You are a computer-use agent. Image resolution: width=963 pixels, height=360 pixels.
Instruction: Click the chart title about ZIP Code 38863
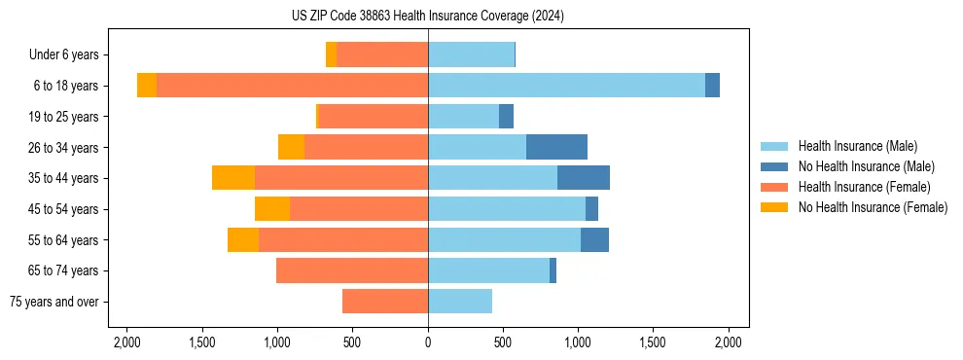tap(428, 17)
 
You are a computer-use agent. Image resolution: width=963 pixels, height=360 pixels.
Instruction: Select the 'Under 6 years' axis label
tap(69, 55)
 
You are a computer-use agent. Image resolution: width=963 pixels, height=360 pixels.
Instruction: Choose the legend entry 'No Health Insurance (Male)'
tap(866, 166)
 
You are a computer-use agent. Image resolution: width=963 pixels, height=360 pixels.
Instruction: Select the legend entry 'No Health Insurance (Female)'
tap(873, 207)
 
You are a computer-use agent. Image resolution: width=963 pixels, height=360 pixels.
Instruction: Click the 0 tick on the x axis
tap(428, 342)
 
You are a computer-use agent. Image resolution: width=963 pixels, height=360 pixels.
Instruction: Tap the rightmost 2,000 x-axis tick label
tap(729, 342)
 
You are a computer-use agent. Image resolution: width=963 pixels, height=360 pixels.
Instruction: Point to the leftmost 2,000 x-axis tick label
tap(127, 342)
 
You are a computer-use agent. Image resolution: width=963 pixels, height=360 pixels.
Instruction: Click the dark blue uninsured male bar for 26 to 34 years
tap(556, 147)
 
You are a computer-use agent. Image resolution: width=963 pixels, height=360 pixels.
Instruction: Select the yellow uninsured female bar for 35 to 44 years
tap(233, 178)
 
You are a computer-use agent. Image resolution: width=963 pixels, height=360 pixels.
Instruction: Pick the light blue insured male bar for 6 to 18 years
tap(566, 86)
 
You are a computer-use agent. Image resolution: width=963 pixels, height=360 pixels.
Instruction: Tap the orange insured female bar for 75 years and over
tap(385, 302)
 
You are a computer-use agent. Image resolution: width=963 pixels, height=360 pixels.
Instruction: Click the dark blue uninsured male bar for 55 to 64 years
tap(594, 239)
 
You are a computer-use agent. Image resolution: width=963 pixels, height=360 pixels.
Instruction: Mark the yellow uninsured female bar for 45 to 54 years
tap(272, 209)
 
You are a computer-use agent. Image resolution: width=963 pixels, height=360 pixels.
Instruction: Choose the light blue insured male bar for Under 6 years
tap(471, 54)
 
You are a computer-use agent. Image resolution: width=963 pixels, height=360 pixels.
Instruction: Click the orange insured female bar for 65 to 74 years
tap(352, 270)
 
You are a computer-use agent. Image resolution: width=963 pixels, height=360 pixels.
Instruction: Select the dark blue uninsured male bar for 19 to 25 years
tap(506, 117)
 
